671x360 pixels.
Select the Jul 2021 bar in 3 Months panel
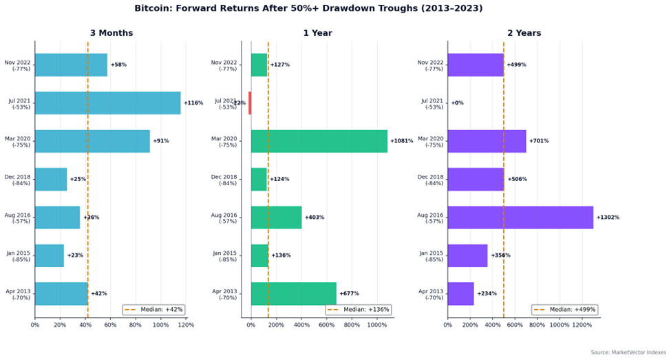[107, 103]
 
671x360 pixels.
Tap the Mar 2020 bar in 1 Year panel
[319, 141]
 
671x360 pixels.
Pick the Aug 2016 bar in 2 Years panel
[520, 218]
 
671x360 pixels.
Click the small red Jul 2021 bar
[250, 103]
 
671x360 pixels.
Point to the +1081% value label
[402, 141]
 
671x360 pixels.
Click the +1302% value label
[608, 218]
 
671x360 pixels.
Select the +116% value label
[193, 103]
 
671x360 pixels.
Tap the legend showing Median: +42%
[154, 309]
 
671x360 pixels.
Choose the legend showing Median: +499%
[564, 309]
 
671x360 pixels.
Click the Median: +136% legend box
[358, 309]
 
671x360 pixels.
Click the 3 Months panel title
[111, 33]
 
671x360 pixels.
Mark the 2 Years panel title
[524, 33]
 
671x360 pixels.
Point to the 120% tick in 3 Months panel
[186, 325]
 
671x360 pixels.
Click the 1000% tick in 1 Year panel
[377, 325]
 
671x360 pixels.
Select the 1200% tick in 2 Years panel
[582, 325]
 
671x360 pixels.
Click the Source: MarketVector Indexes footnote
[628, 352]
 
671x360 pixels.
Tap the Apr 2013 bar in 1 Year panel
[293, 294]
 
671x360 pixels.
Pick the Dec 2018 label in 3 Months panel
[17, 180]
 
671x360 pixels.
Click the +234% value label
[487, 294]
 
